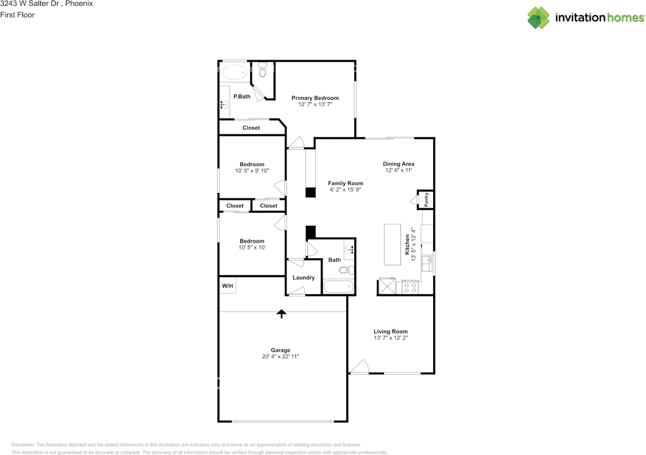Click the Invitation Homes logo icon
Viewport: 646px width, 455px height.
tap(538, 18)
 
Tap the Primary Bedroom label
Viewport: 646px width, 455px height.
tap(315, 98)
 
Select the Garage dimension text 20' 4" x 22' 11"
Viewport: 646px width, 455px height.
tap(280, 357)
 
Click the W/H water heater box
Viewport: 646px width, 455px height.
tap(228, 285)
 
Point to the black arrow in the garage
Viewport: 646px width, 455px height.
tap(282, 314)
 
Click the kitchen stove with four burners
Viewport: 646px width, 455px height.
tap(410, 287)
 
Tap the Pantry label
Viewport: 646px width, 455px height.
tap(426, 199)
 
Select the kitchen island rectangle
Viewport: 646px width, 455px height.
tap(392, 244)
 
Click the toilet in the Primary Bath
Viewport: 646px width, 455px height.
tap(262, 70)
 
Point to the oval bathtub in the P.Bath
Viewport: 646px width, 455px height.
tap(235, 72)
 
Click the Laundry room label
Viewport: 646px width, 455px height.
tap(303, 278)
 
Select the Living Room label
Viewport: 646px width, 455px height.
tap(391, 331)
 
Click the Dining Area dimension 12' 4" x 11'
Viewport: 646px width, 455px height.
tap(399, 170)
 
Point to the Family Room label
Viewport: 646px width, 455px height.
tap(346, 183)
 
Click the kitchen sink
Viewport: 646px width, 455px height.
tap(427, 264)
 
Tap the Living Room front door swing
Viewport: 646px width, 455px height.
tap(360, 367)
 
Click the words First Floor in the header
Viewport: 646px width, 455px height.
tap(17, 15)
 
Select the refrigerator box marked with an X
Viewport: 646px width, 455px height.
tap(387, 286)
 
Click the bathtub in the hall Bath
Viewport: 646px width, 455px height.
tap(338, 286)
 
